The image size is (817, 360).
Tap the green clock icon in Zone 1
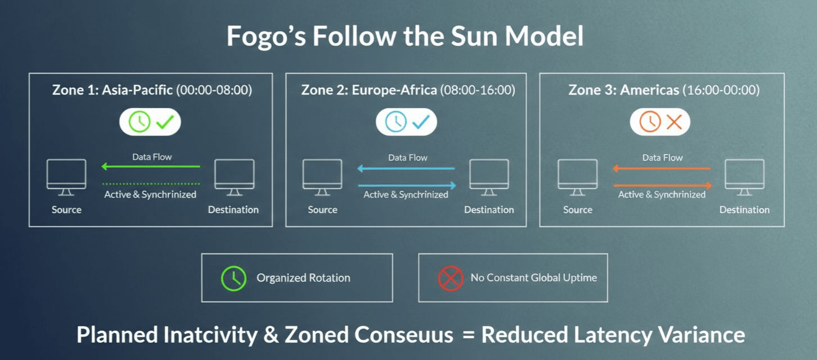coord(140,121)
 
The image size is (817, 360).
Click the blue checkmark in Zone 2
coord(421,121)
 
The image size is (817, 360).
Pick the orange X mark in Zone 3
coord(674,121)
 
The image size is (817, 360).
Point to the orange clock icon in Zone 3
coord(649,121)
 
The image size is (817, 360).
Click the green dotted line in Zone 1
coord(151,184)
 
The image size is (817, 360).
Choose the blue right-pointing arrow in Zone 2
coord(407,185)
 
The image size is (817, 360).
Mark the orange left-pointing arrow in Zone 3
coord(662,168)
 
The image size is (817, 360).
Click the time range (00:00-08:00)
coord(214,90)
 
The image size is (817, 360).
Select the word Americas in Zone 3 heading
coord(649,90)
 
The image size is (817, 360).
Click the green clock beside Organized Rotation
coord(234,278)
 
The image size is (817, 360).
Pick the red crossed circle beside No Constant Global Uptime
coord(451,278)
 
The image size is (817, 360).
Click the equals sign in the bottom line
coord(468,335)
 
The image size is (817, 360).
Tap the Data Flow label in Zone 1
coord(152,157)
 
